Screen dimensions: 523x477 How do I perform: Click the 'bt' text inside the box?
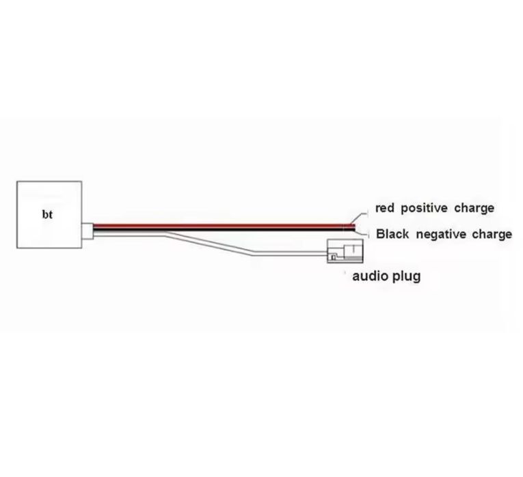pyautogui.click(x=47, y=214)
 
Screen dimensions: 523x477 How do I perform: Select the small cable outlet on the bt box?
pyautogui.click(x=88, y=231)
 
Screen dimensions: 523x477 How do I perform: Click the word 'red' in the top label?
pyautogui.click(x=385, y=208)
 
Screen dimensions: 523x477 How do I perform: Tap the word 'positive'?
pyautogui.click(x=424, y=208)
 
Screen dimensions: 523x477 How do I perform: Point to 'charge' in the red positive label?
pyautogui.click(x=474, y=209)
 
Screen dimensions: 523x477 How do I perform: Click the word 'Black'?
pyautogui.click(x=392, y=234)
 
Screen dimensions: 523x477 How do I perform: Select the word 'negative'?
pyautogui.click(x=440, y=235)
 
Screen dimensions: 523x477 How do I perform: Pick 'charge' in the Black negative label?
pyautogui.click(x=492, y=235)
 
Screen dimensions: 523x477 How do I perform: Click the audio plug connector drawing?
pyautogui.click(x=345, y=251)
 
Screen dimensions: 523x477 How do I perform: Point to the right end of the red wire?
pyautogui.click(x=355, y=226)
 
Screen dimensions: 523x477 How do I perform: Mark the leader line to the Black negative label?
pyautogui.click(x=361, y=232)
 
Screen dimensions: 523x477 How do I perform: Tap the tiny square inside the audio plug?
pyautogui.click(x=333, y=257)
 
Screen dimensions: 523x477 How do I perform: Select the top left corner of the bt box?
pyautogui.click(x=16, y=182)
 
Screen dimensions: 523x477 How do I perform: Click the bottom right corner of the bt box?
pyautogui.click(x=82, y=248)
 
